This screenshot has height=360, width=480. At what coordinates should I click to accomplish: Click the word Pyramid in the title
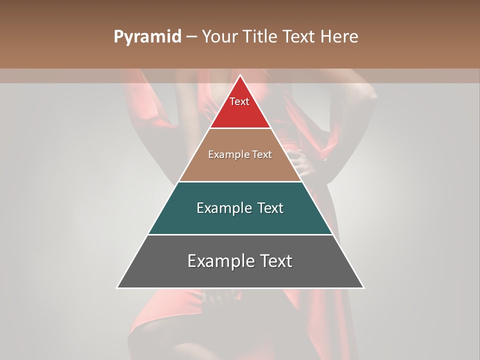(x=147, y=37)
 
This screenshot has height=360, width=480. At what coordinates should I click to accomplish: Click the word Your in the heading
(x=219, y=36)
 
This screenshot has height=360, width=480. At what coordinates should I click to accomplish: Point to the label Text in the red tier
(x=239, y=101)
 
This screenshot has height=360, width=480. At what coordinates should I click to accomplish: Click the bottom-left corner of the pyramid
(x=118, y=287)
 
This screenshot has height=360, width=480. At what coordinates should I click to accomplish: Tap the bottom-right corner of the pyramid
(x=363, y=287)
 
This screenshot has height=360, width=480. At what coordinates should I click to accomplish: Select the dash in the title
(x=191, y=37)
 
